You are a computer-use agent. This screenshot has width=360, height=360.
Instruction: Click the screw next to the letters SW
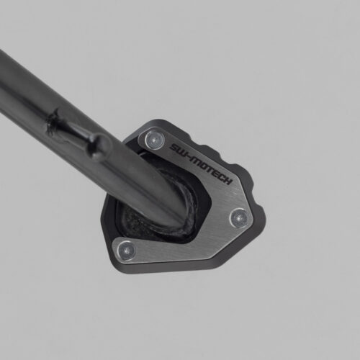click(x=155, y=140)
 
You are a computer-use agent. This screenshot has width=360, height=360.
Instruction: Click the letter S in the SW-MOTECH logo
click(x=174, y=148)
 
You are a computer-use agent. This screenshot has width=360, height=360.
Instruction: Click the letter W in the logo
click(x=181, y=152)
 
